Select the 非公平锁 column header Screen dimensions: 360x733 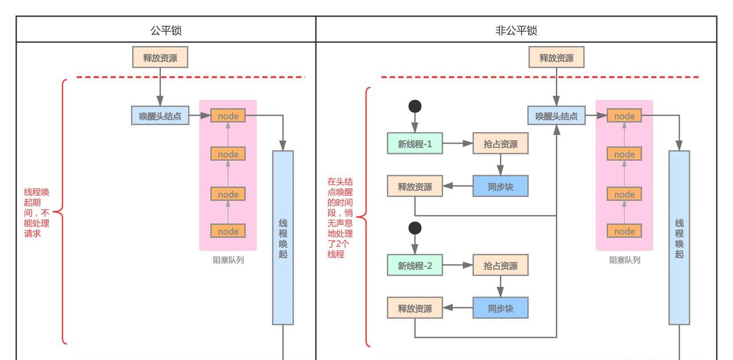[516, 30]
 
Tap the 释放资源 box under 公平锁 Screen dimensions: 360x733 [160, 58]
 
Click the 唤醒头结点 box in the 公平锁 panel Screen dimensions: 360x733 [160, 116]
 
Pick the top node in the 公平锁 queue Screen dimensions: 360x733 [228, 116]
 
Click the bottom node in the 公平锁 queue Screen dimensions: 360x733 [228, 231]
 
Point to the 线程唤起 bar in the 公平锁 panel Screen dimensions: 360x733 [283, 238]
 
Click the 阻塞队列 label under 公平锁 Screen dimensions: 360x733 [228, 260]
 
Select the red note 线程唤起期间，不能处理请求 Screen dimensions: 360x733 [37, 212]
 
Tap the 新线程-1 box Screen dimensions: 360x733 [415, 144]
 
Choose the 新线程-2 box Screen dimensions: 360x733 [415, 266]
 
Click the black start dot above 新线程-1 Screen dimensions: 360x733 [415, 106]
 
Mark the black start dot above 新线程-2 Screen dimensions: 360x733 [415, 228]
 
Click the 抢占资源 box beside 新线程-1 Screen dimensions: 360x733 [500, 144]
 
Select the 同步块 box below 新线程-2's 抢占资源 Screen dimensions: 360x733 [500, 308]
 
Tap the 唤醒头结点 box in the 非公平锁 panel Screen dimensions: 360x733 [556, 116]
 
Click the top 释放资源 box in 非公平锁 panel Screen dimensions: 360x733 [556, 58]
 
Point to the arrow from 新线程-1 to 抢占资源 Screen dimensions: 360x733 [457, 144]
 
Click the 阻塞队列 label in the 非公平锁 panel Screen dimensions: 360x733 [624, 260]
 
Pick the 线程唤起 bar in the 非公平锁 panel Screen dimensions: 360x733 [679, 238]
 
